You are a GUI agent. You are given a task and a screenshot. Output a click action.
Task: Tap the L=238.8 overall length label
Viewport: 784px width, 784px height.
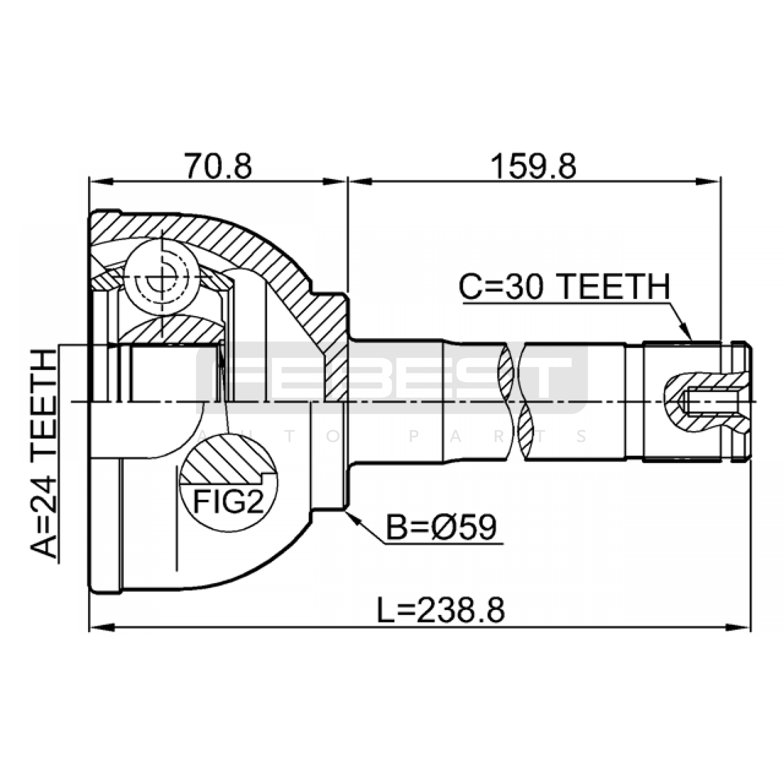pos(441,611)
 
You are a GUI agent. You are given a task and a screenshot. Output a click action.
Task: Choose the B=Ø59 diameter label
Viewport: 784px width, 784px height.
pos(441,527)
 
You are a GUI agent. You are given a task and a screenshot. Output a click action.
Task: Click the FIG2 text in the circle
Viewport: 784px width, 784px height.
pos(228,501)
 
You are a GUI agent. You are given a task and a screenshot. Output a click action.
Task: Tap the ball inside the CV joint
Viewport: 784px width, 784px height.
pos(162,277)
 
